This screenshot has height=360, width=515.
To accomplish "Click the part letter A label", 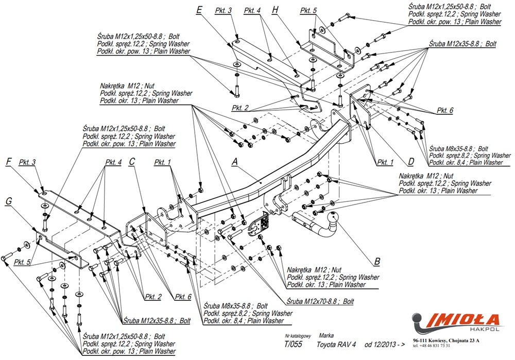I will (235, 161).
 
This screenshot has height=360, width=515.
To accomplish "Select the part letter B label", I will (377, 262).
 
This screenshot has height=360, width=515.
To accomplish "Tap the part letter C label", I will (132, 162).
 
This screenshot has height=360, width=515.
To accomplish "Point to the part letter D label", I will (410, 162).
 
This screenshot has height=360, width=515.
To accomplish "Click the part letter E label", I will (199, 10).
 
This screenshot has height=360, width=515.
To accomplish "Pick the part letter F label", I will (9, 162).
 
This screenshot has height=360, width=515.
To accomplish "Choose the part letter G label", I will (9, 201).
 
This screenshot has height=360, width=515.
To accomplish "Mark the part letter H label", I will (275, 10).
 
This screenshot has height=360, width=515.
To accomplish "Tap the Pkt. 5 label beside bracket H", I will (308, 10).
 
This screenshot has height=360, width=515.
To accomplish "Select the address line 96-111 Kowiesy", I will (446, 340).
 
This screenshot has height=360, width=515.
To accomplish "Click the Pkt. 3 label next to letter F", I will (27, 162).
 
